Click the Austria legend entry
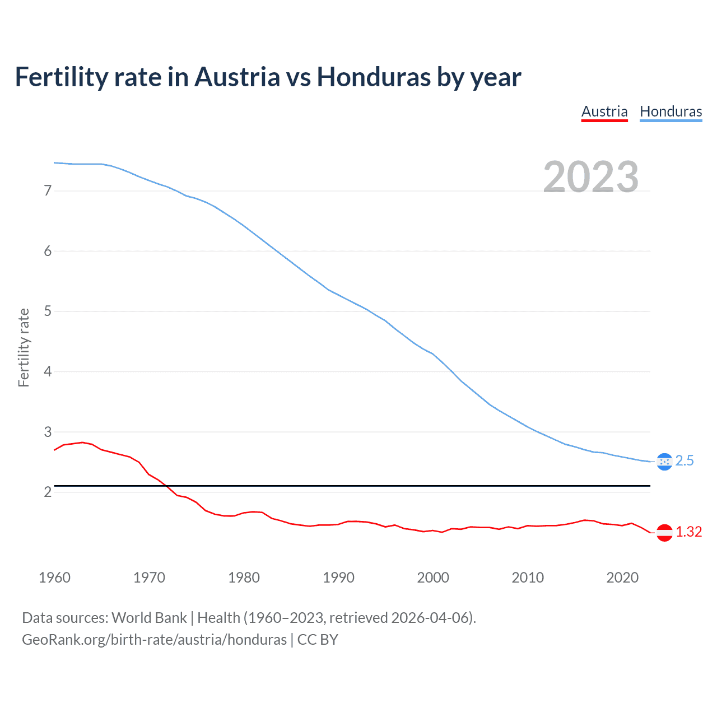(604, 111)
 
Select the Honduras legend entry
(671, 111)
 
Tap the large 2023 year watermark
(590, 177)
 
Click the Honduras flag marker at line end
(664, 462)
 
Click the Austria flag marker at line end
(664, 532)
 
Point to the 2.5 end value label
(685, 461)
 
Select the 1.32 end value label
(688, 532)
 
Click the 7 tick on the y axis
(48, 191)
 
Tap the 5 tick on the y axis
(48, 311)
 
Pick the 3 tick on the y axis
(48, 432)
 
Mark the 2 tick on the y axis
(48, 492)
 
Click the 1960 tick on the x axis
(54, 578)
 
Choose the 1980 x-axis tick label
(244, 578)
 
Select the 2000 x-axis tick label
(433, 578)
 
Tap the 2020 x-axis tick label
(622, 578)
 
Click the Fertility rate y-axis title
(24, 347)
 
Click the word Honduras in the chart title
(374, 77)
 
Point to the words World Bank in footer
(149, 618)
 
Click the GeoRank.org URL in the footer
(154, 640)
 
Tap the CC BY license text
(318, 640)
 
